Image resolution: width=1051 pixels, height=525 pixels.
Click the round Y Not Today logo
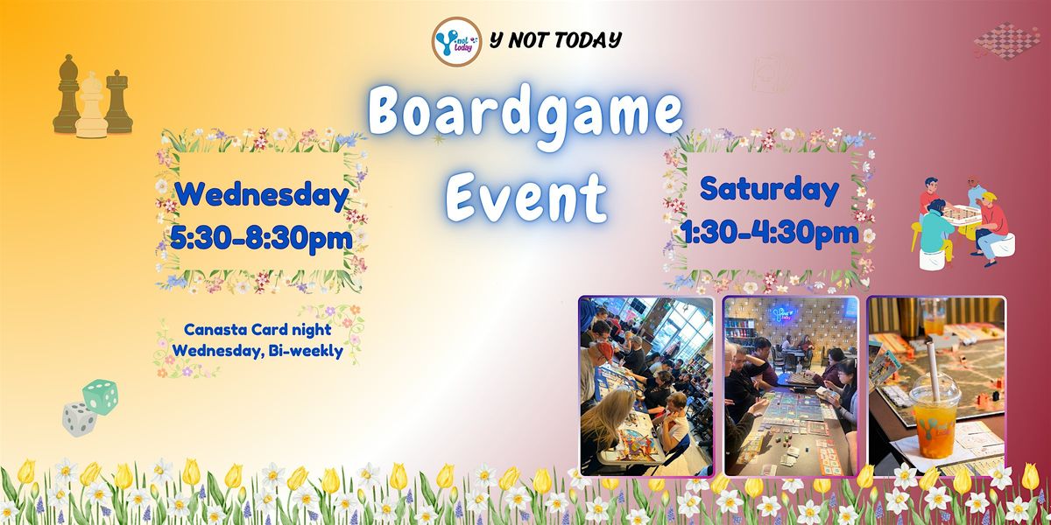point(456,41)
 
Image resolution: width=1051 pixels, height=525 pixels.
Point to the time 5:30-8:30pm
point(262,236)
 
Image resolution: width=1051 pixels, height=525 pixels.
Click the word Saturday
point(769,189)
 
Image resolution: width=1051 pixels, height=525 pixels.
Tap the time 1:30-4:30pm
point(769,232)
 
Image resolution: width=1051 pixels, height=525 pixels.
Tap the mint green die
point(101,396)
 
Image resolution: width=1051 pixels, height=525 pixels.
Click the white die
point(78,417)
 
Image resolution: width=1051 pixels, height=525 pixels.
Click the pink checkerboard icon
point(1006,39)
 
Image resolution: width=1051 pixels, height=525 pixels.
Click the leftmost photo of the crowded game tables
point(646,385)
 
